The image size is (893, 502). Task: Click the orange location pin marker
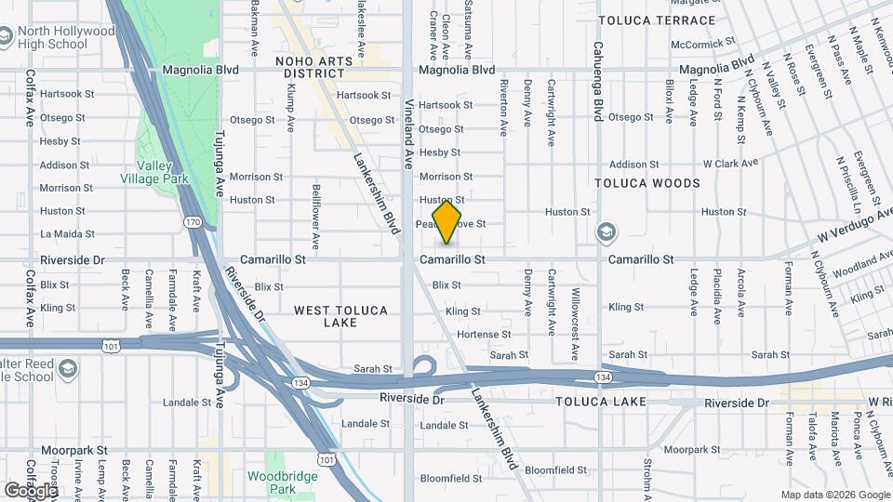tap(446, 221)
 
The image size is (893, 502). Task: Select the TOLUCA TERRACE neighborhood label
tap(657, 20)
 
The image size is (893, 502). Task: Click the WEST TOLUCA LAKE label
tap(341, 316)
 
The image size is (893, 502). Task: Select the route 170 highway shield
tap(193, 222)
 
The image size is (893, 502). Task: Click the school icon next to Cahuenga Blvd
tap(606, 231)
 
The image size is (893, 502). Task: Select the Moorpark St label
tap(73, 449)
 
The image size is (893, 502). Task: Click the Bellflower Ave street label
tap(315, 217)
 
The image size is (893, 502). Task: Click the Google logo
tap(31, 490)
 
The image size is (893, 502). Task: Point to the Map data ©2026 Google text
tap(835, 495)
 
